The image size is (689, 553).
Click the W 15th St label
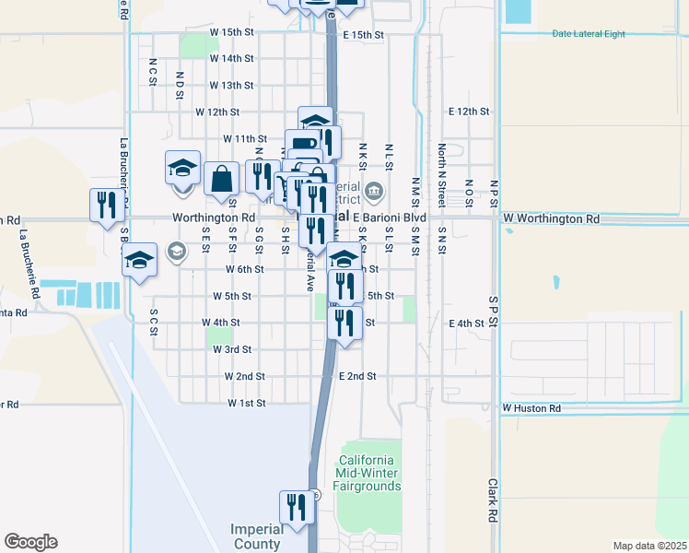(x=231, y=31)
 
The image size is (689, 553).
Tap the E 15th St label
(x=362, y=34)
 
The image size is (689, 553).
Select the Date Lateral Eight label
(x=589, y=33)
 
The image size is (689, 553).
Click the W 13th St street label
(x=231, y=85)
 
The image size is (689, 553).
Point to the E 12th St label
(x=469, y=111)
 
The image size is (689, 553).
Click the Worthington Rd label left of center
(x=213, y=218)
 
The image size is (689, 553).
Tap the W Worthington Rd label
(x=551, y=220)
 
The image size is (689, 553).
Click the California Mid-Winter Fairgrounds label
(x=368, y=473)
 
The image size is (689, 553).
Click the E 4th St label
(x=466, y=324)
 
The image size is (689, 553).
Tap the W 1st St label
(x=246, y=404)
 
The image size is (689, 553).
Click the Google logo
(x=30, y=542)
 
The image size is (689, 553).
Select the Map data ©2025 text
(x=649, y=546)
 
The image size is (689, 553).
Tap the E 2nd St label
(x=357, y=376)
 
